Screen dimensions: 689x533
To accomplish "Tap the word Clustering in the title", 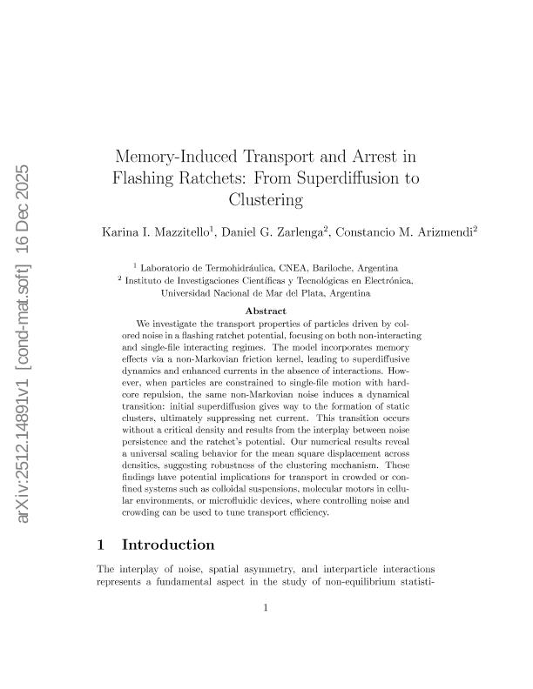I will (266, 199).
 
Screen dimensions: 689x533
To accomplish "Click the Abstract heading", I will (266, 310).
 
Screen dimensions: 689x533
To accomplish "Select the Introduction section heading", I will (168, 545).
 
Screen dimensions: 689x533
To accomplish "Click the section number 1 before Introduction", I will (101, 545).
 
